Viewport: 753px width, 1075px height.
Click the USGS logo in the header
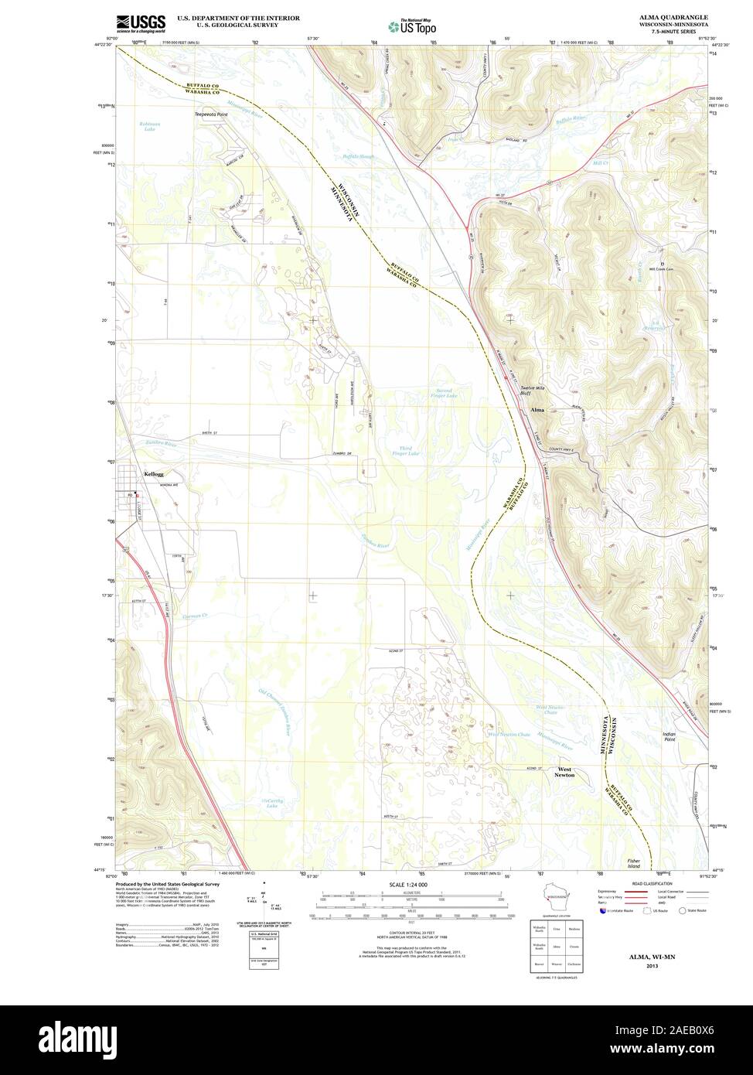[141, 23]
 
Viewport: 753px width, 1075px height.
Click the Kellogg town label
[154, 474]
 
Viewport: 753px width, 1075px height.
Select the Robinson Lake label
[150, 126]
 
